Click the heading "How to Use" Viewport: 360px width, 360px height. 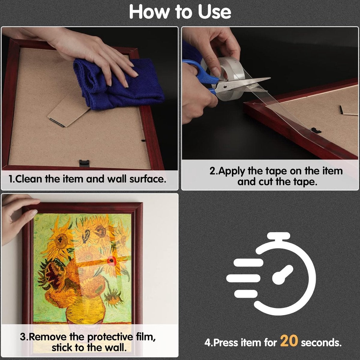(180, 12)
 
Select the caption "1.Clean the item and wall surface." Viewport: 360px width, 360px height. (87, 179)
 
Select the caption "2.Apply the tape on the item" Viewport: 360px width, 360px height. (276, 171)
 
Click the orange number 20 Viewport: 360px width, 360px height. (289, 341)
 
